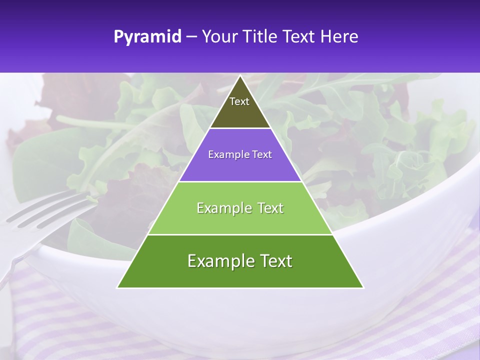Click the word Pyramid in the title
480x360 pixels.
pos(147,37)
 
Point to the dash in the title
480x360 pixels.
pos(191,37)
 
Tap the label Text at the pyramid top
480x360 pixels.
pos(239,101)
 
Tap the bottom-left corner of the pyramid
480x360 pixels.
pos(117,287)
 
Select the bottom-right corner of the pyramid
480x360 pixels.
pos(363,287)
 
